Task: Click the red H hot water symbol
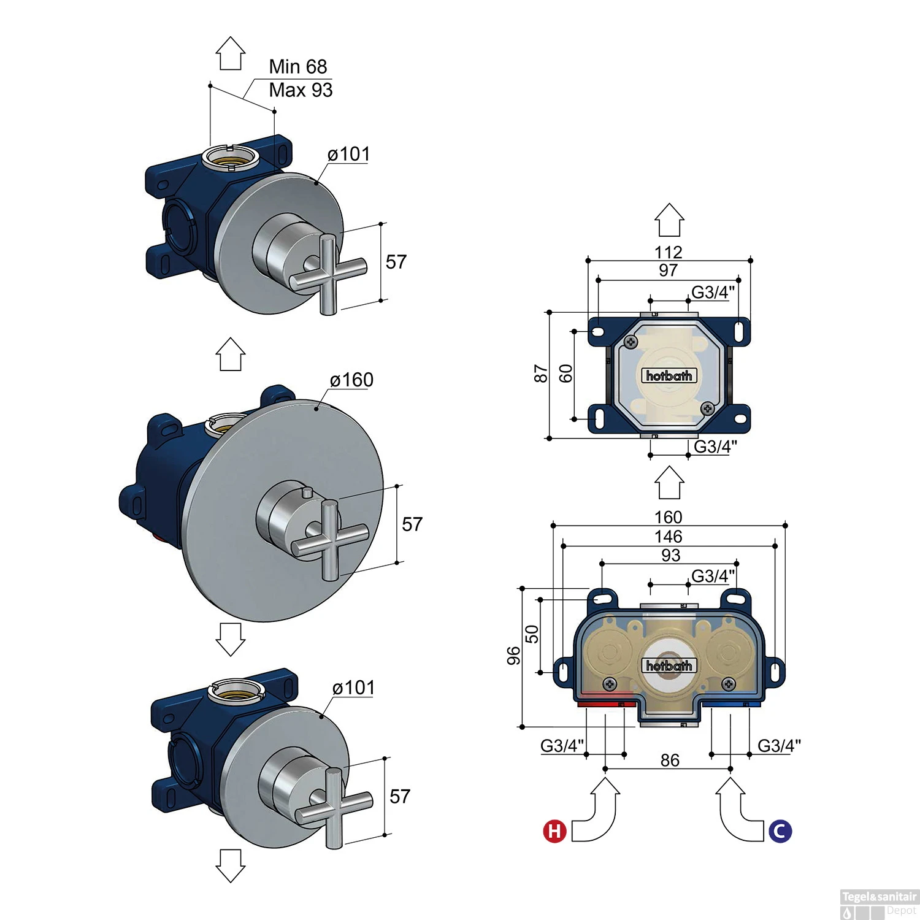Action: tap(554, 831)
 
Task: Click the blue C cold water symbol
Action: tap(780, 831)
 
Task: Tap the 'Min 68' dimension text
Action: tap(298, 66)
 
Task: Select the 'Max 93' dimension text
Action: tap(301, 90)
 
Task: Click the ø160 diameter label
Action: tap(351, 380)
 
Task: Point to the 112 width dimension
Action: tap(668, 252)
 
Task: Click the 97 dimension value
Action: tap(668, 270)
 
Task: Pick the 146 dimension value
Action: tap(668, 537)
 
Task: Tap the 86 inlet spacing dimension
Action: tap(670, 761)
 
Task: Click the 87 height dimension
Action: tap(540, 374)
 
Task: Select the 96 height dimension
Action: tap(513, 656)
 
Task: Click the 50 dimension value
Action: tap(532, 634)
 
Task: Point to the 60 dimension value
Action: tap(565, 374)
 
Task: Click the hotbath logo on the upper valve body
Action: tap(669, 375)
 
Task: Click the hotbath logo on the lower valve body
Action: tap(669, 665)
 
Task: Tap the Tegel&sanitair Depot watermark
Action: tap(879, 903)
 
